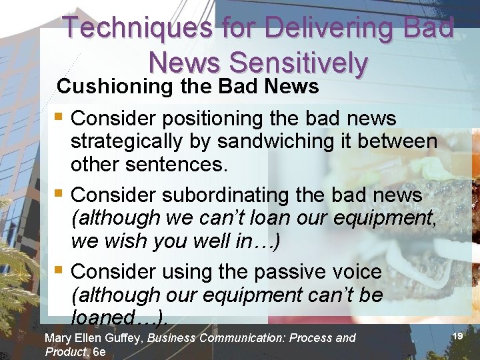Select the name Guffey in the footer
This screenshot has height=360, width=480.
tap(125, 338)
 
